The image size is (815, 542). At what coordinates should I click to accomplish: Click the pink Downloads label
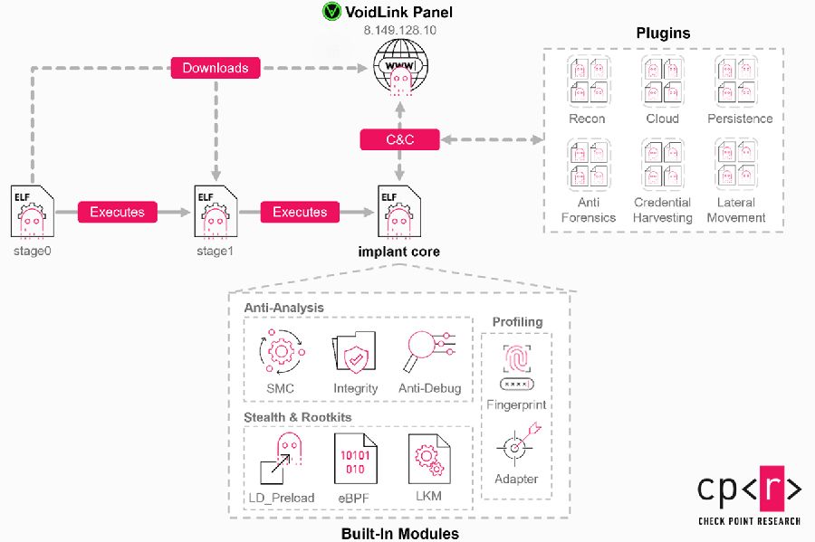(216, 68)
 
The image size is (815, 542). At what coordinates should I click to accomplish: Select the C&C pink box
(399, 139)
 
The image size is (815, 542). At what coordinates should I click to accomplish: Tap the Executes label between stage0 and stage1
(117, 212)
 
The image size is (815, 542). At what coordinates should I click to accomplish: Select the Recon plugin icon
(587, 81)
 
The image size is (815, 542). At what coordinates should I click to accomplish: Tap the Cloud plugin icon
(662, 81)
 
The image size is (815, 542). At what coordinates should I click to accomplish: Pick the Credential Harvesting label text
(662, 210)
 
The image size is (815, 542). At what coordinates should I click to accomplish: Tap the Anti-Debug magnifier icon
(429, 352)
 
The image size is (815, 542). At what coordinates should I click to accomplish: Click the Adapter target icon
(516, 444)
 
